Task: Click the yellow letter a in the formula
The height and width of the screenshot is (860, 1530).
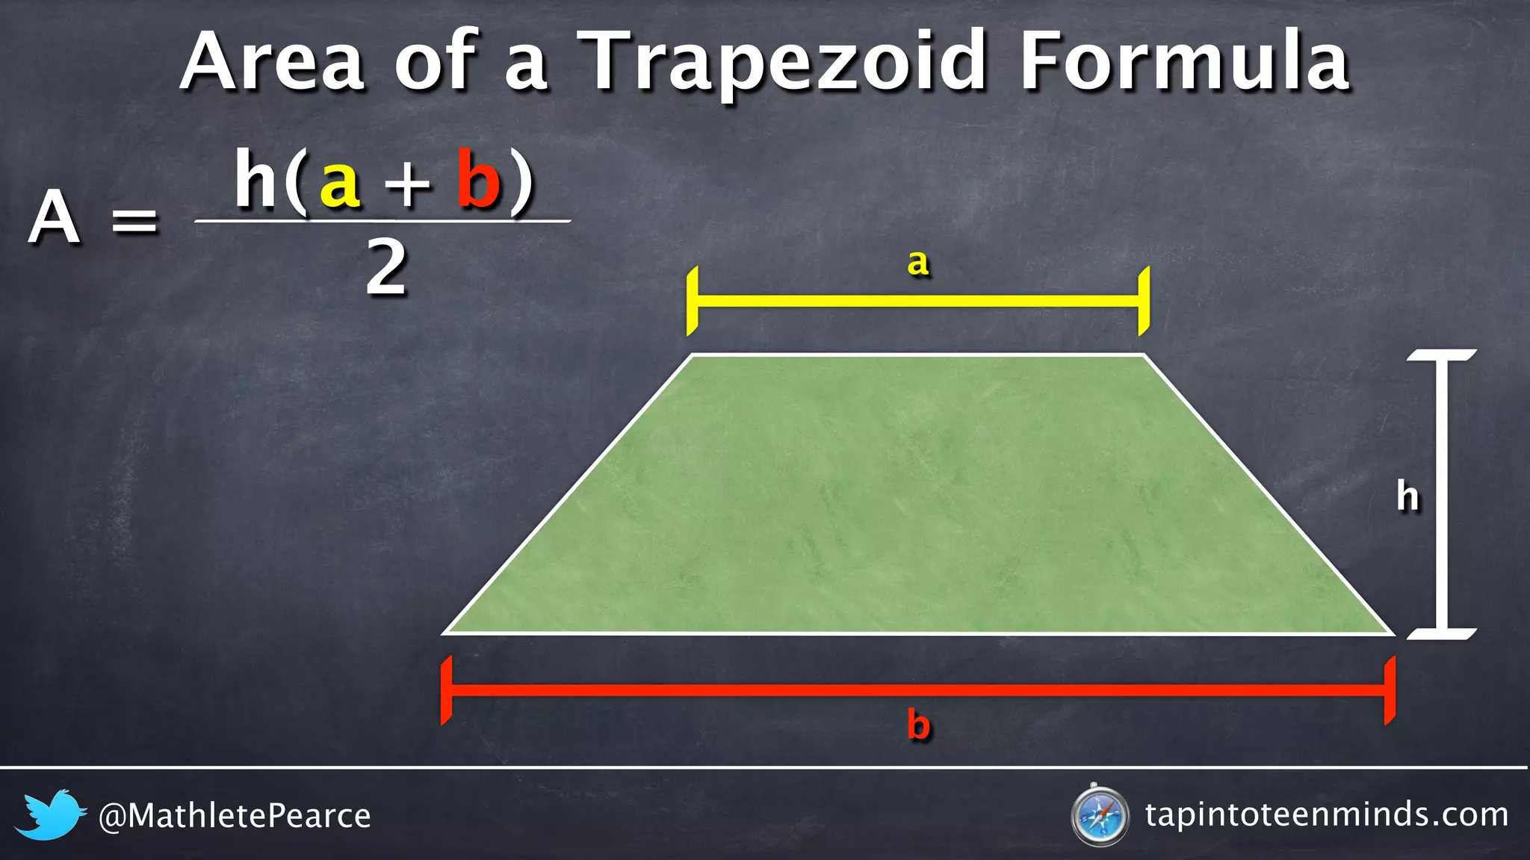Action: [340, 183]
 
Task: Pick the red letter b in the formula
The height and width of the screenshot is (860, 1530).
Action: [477, 179]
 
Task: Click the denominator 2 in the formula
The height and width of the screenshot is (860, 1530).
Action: [386, 269]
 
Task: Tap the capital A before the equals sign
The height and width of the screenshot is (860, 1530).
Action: [54, 218]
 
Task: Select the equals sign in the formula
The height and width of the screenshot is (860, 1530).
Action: [134, 221]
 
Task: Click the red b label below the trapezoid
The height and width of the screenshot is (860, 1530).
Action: [918, 724]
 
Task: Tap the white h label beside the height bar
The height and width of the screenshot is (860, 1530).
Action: [1407, 496]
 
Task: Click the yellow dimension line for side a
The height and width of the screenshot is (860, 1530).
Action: [918, 302]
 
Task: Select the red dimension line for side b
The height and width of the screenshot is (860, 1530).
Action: [918, 690]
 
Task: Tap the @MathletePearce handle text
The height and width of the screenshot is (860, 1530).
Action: [235, 816]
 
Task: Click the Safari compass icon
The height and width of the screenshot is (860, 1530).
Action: [1099, 815]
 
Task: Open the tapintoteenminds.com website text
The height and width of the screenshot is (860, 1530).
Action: [1326, 814]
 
